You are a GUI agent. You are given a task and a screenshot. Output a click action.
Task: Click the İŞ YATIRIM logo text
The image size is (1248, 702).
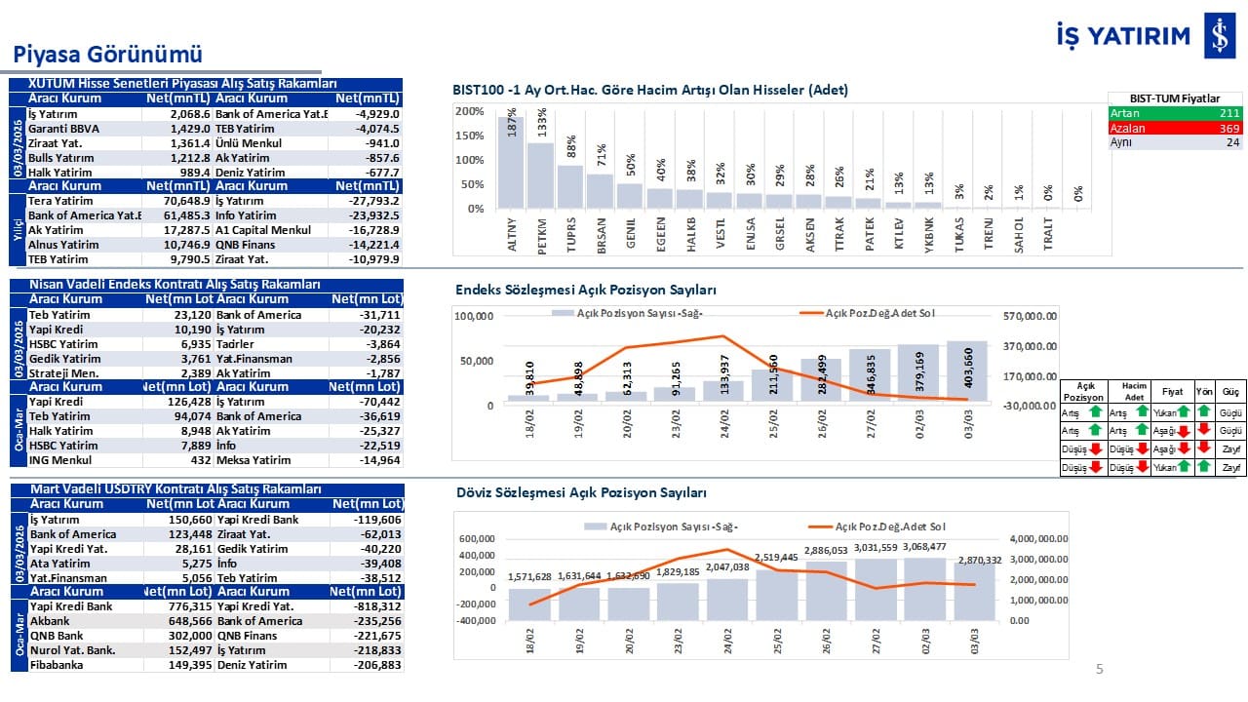(x=1123, y=35)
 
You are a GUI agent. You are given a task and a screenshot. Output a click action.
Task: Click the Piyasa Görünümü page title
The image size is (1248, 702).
(x=107, y=53)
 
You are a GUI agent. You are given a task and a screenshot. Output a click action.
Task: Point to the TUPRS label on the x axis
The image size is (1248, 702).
(x=570, y=235)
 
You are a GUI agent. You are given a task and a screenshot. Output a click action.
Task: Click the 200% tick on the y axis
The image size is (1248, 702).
(x=470, y=111)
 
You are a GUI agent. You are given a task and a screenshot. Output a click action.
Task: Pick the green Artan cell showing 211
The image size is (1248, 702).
(x=1176, y=113)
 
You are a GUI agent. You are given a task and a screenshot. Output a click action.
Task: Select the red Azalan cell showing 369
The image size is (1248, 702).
(x=1176, y=128)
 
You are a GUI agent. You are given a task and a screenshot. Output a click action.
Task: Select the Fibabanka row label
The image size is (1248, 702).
(x=58, y=665)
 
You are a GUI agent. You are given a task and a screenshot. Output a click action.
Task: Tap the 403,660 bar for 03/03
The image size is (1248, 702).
(x=966, y=371)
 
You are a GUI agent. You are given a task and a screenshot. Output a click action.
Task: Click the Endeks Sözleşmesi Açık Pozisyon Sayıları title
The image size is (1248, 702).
(x=585, y=291)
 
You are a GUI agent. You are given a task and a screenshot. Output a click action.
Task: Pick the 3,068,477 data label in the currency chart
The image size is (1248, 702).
(x=923, y=546)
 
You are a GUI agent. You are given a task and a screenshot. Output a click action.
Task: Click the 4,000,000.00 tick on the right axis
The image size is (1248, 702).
(x=1039, y=538)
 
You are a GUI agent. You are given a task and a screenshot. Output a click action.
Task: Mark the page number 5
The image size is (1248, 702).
(x=1100, y=669)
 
